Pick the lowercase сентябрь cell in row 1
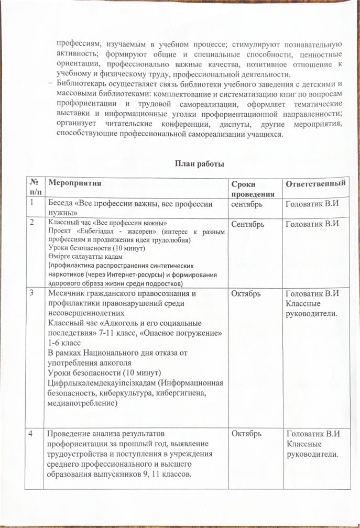pos(248,204)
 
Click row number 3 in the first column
pos(33,293)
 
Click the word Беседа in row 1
pos(61,204)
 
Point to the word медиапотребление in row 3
pos(82,404)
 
